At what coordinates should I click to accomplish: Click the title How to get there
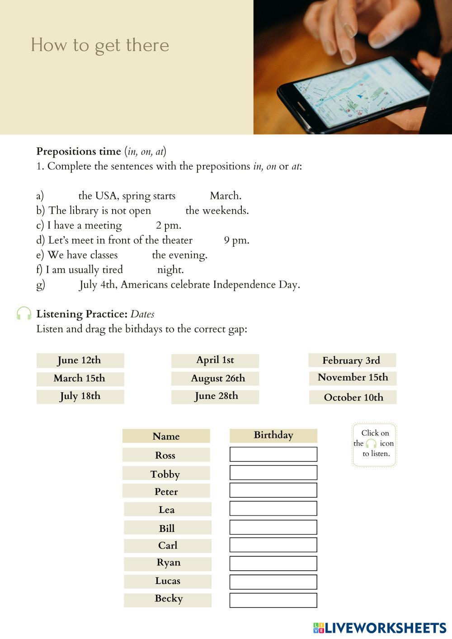coord(100,45)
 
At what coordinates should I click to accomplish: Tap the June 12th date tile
coord(80,360)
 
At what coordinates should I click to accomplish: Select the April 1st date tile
coord(215,360)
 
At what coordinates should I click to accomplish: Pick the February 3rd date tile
coord(352,360)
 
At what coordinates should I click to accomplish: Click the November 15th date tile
coord(353,378)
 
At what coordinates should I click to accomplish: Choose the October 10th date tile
coord(353,397)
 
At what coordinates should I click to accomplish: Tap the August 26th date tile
coord(215,378)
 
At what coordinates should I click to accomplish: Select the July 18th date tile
coord(80,396)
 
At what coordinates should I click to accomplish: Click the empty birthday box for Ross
coord(273,454)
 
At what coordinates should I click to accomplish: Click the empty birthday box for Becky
coord(273,600)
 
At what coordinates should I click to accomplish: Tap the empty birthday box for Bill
coord(273,527)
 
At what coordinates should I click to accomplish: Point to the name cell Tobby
coord(166,474)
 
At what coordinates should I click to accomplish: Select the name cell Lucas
coord(168,581)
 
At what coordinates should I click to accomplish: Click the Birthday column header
coord(273,435)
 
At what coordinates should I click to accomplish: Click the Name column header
coord(166,436)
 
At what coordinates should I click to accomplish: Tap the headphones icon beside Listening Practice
coord(24,314)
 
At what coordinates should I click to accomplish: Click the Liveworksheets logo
coord(380,628)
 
